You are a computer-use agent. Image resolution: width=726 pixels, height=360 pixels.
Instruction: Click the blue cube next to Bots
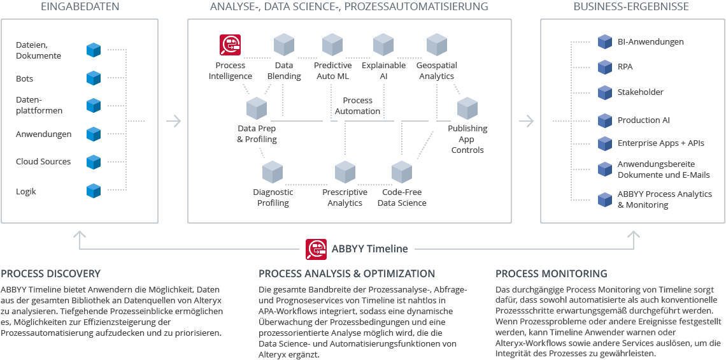tap(94, 78)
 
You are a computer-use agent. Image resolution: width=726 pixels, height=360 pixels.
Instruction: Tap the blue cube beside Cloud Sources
tap(94, 161)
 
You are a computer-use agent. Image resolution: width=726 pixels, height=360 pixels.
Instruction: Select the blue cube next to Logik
tap(94, 191)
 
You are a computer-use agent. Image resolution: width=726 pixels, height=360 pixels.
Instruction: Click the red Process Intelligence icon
tap(230, 45)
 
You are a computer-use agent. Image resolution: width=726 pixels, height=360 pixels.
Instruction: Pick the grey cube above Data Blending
tap(283, 45)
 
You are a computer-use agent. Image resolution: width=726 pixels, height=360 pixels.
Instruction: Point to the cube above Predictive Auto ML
tap(332, 45)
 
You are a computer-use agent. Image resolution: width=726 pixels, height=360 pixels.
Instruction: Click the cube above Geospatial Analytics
tap(436, 45)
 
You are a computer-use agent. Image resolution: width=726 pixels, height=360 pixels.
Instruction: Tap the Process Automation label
tap(357, 106)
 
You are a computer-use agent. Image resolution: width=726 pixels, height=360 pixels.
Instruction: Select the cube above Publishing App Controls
tap(467, 108)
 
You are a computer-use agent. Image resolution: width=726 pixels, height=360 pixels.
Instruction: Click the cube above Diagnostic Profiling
tap(273, 172)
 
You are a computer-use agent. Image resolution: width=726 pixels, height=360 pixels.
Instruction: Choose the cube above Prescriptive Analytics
tap(345, 172)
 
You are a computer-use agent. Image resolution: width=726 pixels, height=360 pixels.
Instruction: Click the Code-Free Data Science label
tap(402, 198)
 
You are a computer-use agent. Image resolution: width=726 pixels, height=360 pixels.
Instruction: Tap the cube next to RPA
tap(604, 67)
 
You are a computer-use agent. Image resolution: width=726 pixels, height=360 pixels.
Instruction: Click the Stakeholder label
tap(640, 92)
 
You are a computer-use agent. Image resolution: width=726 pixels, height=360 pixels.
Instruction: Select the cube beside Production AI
tap(604, 120)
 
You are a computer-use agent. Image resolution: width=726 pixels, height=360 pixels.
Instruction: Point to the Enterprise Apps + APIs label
tap(660, 143)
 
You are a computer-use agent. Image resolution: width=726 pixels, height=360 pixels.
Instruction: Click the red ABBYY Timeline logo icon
tap(316, 248)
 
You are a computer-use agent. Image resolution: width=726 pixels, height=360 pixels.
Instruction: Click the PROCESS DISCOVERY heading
tap(51, 274)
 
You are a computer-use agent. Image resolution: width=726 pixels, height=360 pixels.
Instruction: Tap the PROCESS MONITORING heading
tap(551, 274)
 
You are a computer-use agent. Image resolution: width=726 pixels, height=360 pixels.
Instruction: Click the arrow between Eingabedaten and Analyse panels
tap(173, 120)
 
